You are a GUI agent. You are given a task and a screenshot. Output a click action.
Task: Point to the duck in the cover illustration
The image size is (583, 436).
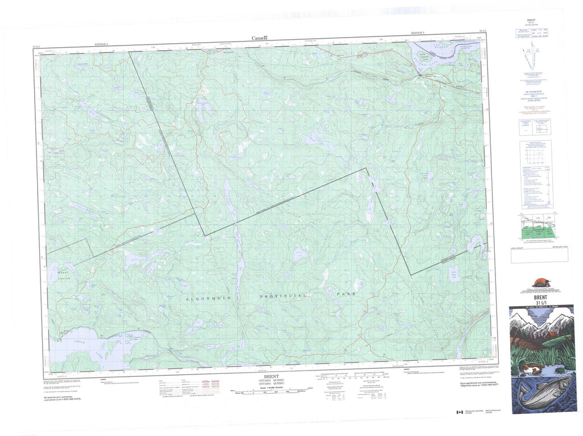point(525,373)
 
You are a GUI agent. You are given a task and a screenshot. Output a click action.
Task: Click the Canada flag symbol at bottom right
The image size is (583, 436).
point(459,413)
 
